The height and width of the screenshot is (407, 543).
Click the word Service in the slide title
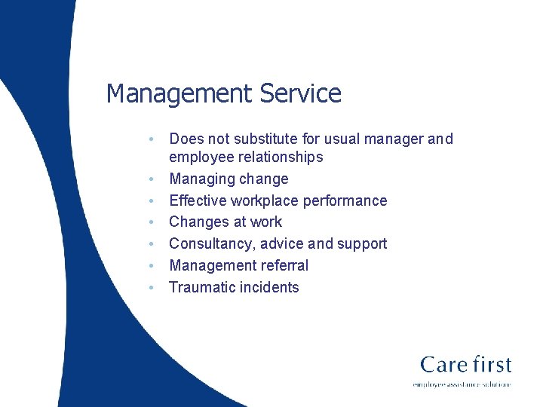click(x=300, y=94)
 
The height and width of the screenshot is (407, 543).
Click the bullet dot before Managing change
click(x=152, y=179)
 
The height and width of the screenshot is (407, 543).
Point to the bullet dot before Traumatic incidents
click(x=152, y=287)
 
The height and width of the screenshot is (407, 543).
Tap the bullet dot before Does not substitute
click(x=152, y=139)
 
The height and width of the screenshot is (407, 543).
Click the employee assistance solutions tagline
click(x=462, y=384)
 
